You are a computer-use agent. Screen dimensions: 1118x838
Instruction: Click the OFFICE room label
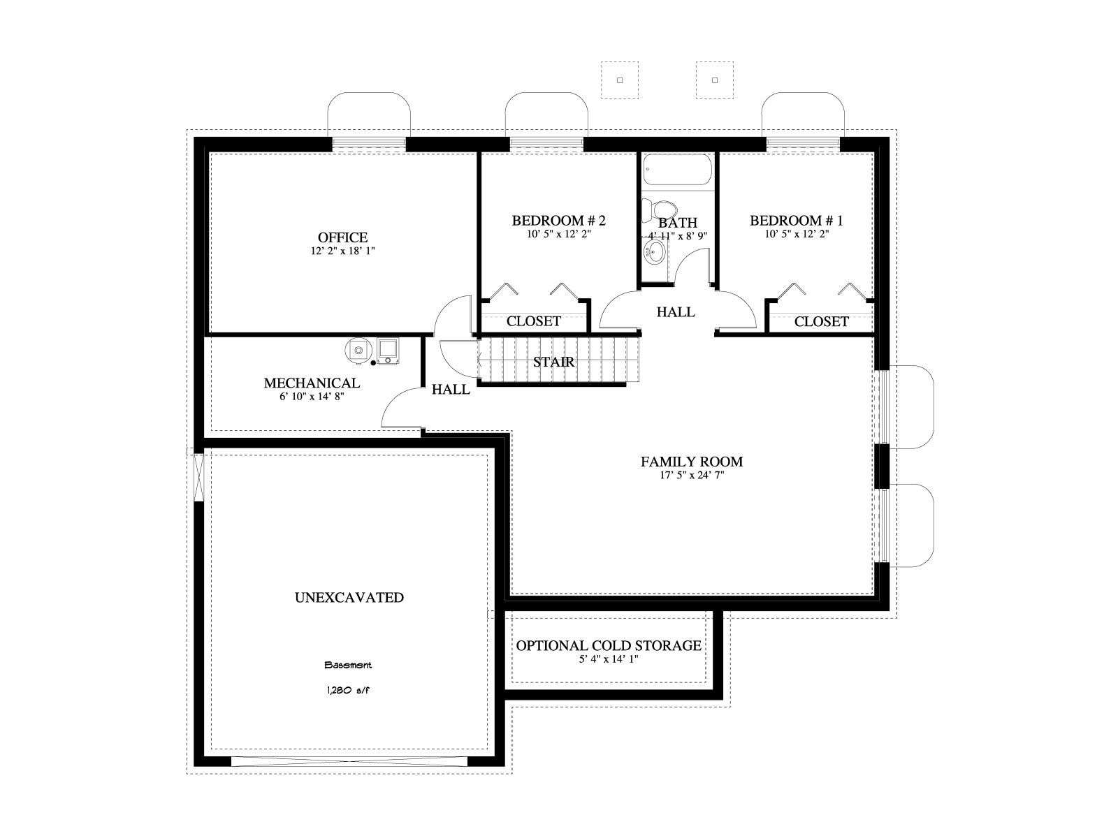(342, 237)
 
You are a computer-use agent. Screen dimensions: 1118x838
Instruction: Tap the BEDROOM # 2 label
(559, 221)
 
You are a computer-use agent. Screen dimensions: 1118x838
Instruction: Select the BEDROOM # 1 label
(797, 221)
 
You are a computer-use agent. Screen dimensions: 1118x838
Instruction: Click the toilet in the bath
(660, 209)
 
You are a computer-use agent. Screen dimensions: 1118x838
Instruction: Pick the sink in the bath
(654, 251)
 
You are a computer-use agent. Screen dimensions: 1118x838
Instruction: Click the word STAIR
(553, 362)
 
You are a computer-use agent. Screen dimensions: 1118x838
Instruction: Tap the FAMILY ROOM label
(692, 462)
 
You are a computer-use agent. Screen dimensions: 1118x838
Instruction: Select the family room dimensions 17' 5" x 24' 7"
(692, 476)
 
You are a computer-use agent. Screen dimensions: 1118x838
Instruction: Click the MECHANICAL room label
(312, 383)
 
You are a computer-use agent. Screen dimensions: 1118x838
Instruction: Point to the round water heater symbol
(359, 350)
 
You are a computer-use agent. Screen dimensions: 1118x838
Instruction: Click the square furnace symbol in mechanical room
(389, 350)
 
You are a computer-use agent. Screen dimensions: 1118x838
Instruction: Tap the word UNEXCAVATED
(349, 597)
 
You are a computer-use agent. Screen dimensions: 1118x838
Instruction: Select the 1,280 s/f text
(348, 691)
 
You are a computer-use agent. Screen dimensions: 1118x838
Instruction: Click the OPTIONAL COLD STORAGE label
(609, 646)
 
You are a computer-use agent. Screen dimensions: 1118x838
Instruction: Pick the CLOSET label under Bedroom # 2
(533, 321)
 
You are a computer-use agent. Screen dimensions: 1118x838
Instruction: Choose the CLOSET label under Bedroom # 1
(821, 321)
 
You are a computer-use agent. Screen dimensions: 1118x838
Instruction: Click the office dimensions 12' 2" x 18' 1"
(343, 251)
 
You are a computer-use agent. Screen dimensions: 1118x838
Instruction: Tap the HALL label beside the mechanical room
(451, 390)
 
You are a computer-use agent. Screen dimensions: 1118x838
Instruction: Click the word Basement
(348, 665)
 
